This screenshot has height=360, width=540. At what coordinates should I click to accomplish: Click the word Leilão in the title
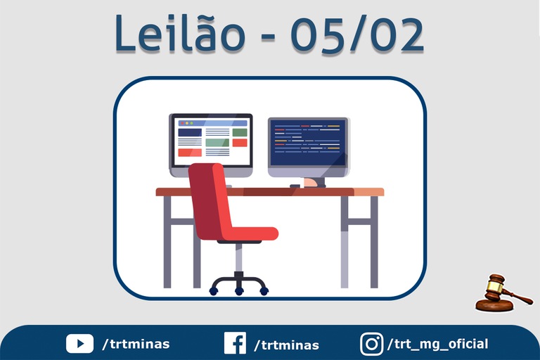[180, 33]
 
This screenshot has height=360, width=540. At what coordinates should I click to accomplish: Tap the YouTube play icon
[79, 343]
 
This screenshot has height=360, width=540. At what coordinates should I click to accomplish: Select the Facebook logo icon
[235, 343]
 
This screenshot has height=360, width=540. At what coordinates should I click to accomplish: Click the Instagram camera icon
[371, 344]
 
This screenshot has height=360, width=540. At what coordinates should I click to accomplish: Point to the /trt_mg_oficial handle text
[438, 344]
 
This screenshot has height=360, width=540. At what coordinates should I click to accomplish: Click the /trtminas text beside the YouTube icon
[136, 344]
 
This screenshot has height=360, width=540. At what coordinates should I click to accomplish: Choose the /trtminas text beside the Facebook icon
[287, 345]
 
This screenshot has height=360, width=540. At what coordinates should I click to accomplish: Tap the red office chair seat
[250, 233]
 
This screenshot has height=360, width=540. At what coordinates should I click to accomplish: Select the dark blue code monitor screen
[307, 143]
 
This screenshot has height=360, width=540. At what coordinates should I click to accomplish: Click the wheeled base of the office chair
[238, 285]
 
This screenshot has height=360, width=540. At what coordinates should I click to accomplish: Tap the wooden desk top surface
[270, 192]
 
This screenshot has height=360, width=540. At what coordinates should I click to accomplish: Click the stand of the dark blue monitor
[314, 183]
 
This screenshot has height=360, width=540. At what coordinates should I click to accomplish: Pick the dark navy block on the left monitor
[190, 133]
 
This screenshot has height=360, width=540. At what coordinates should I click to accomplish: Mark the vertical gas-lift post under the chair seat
[238, 257]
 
